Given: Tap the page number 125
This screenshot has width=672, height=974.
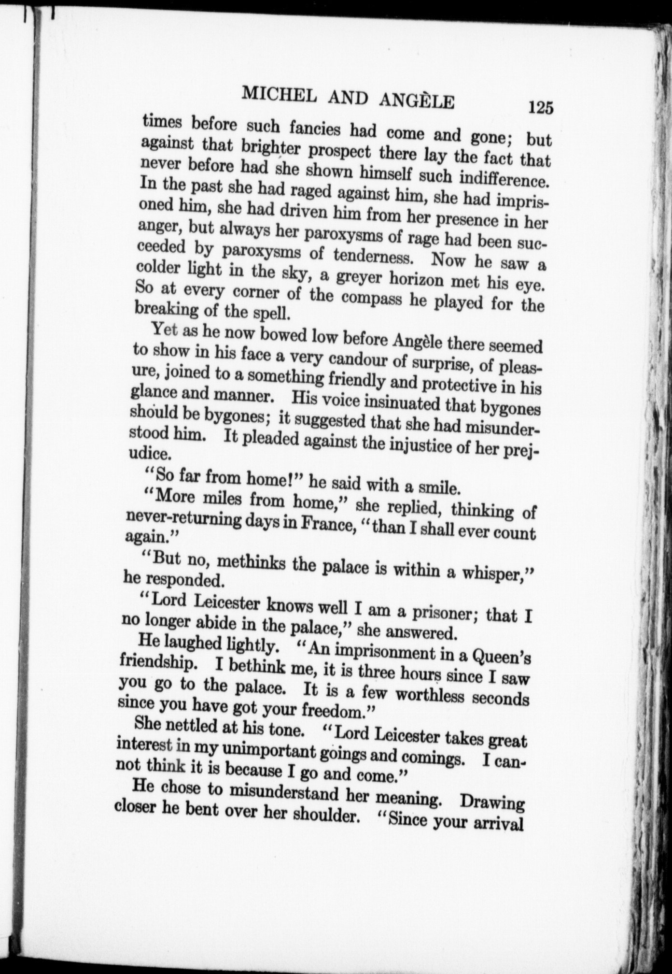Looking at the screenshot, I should point(540,106).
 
